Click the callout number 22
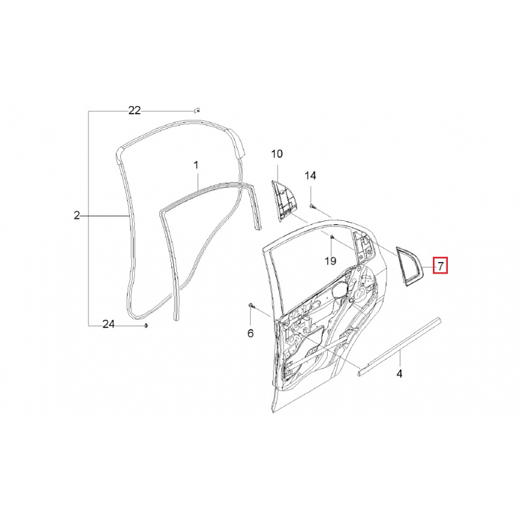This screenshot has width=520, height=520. click(135, 110)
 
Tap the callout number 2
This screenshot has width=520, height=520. click(77, 216)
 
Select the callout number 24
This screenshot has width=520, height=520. click(109, 324)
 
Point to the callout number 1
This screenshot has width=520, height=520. click(196, 165)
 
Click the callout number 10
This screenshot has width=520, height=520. click(277, 154)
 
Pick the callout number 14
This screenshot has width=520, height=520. click(311, 175)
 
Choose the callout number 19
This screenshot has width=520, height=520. click(330, 261)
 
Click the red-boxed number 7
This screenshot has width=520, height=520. click(441, 266)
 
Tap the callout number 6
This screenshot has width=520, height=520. click(250, 333)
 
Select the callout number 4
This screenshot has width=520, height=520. click(399, 373)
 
